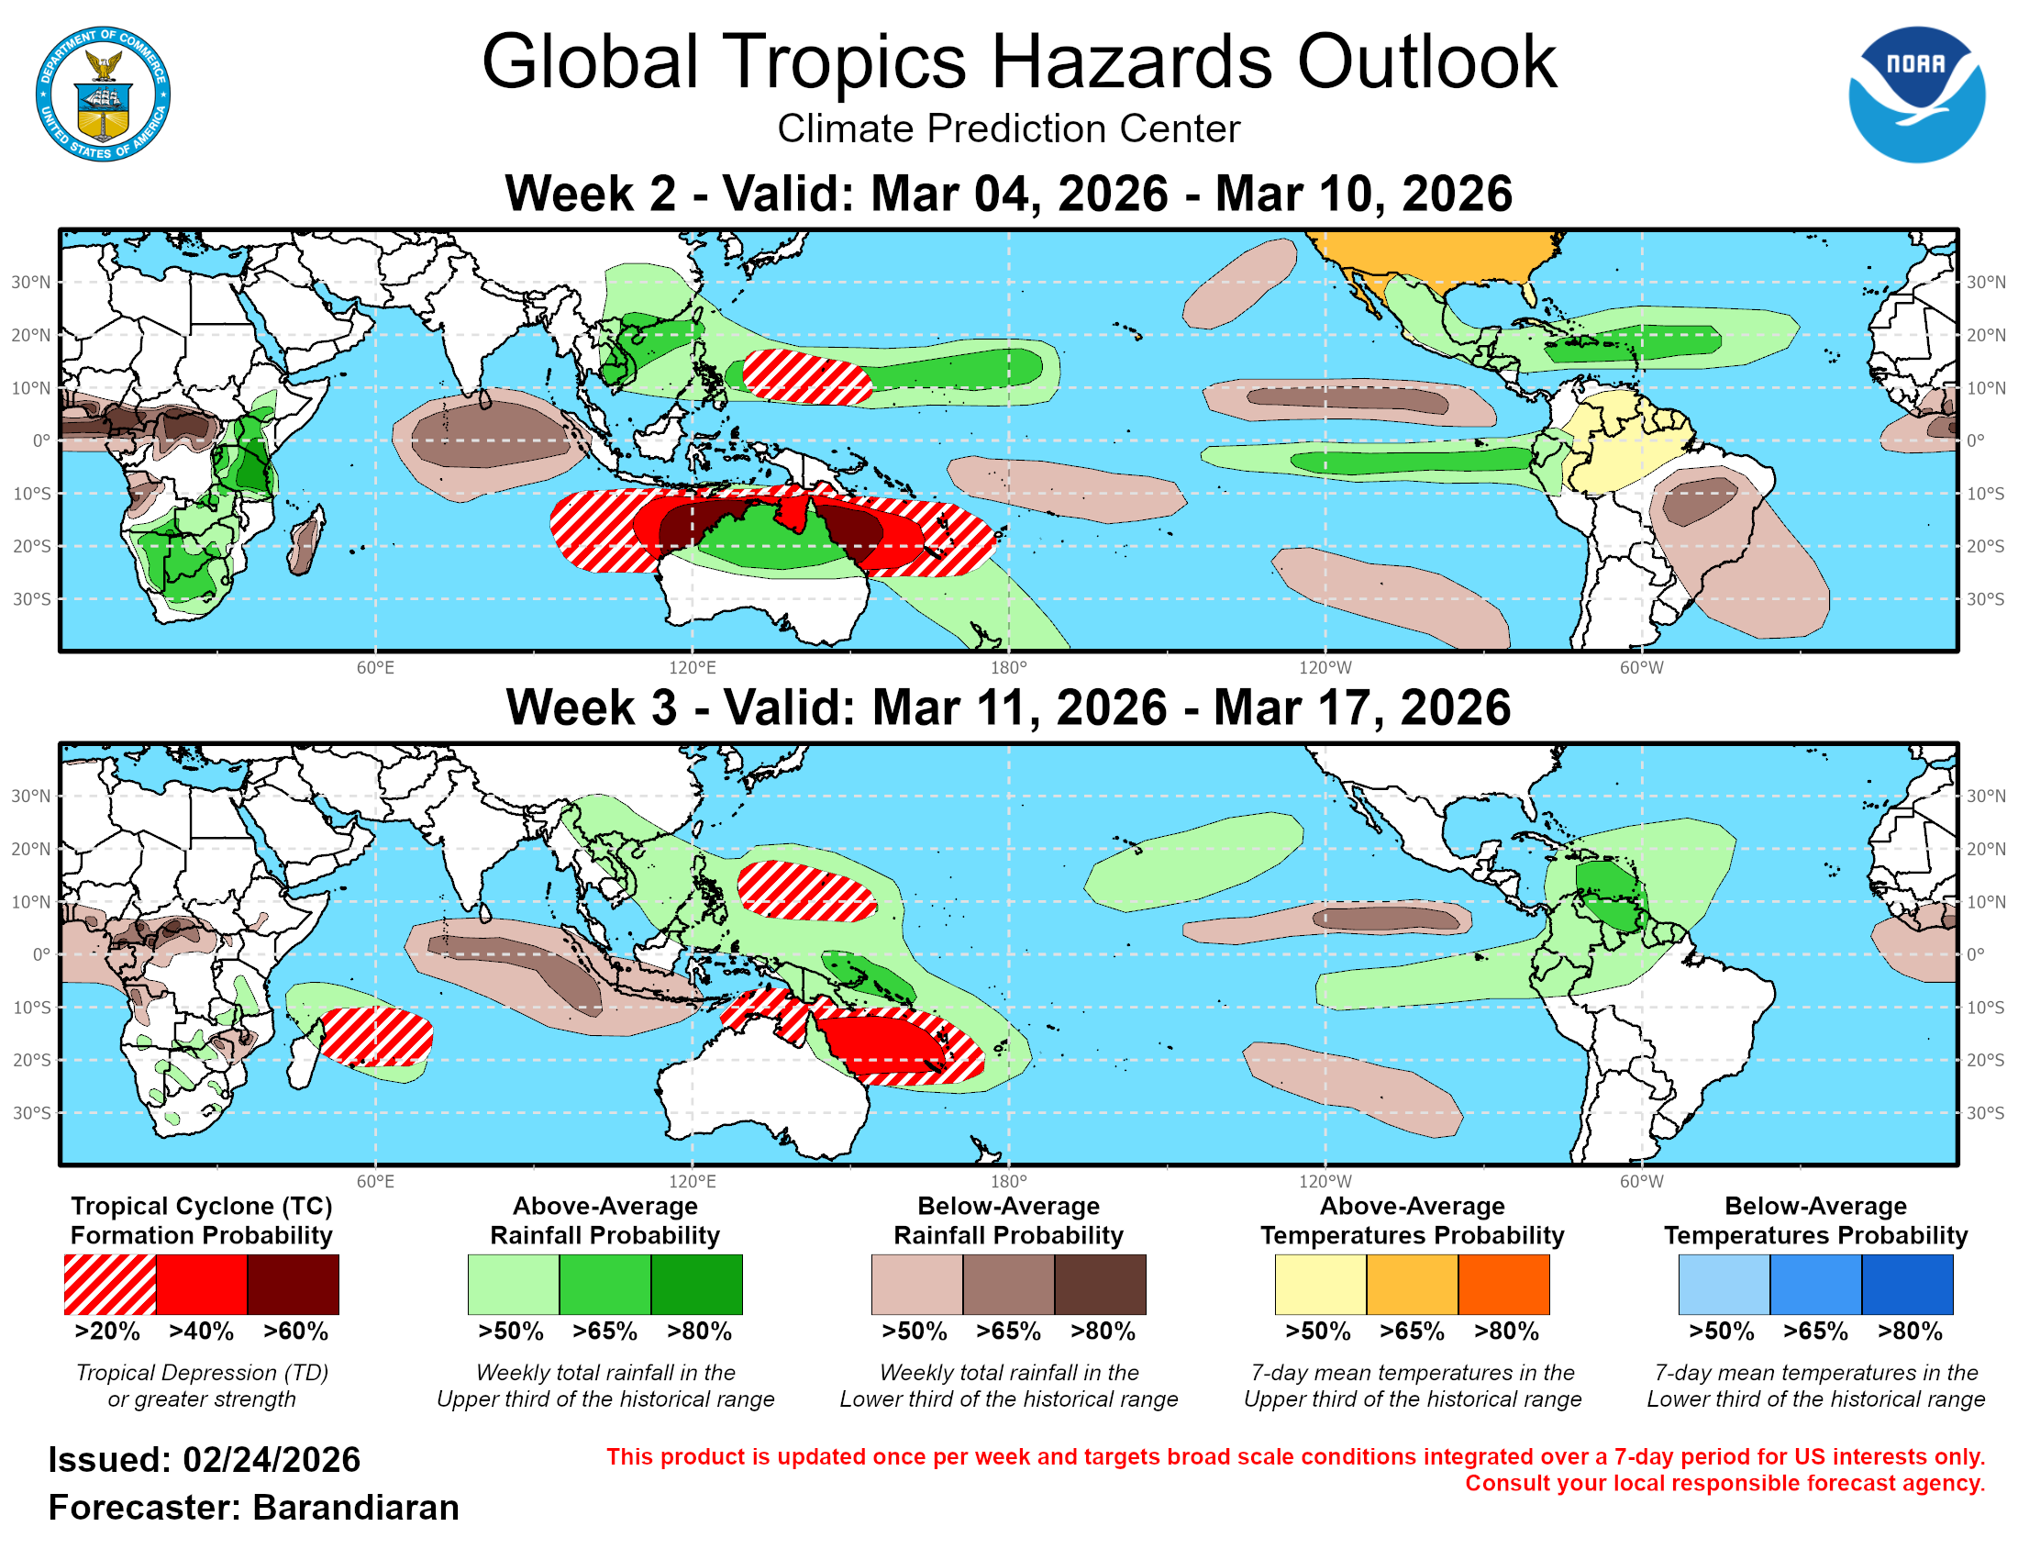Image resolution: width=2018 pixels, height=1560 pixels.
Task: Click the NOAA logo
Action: pyautogui.click(x=1915, y=95)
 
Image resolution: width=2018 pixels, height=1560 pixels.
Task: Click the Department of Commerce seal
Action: pyautogui.click(x=103, y=95)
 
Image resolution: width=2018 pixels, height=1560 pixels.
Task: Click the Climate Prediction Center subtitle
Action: pyautogui.click(x=1008, y=128)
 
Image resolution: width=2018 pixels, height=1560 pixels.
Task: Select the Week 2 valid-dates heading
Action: pyautogui.click(x=1008, y=194)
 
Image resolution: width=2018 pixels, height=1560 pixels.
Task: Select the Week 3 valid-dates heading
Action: pyautogui.click(x=1008, y=708)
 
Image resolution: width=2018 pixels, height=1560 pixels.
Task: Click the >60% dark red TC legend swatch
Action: pyautogui.click(x=293, y=1284)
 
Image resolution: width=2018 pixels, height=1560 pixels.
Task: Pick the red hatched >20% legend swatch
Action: pyautogui.click(x=110, y=1284)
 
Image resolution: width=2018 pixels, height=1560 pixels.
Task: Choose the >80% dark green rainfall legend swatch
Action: pyautogui.click(x=697, y=1284)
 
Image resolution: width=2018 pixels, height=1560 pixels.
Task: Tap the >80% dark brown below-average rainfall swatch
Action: pyautogui.click(x=1101, y=1284)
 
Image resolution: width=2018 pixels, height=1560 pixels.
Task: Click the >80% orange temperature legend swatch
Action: pyautogui.click(x=1503, y=1284)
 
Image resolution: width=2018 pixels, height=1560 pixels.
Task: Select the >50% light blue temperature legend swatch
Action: pyautogui.click(x=1724, y=1284)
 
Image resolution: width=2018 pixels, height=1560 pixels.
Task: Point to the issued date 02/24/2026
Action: pyautogui.click(x=271, y=1460)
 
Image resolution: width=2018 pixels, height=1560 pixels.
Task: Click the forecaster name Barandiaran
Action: pyautogui.click(x=356, y=1508)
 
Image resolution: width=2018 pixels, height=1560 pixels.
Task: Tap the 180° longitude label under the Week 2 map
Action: pyautogui.click(x=1008, y=668)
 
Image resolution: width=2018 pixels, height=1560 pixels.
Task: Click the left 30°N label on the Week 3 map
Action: pyautogui.click(x=30, y=796)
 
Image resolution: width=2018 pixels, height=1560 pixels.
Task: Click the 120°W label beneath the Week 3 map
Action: pyautogui.click(x=1325, y=1181)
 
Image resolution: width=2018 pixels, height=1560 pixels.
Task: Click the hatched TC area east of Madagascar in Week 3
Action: pyautogui.click(x=377, y=1035)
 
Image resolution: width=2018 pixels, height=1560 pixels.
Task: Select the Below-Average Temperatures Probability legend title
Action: pyautogui.click(x=1815, y=1220)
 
